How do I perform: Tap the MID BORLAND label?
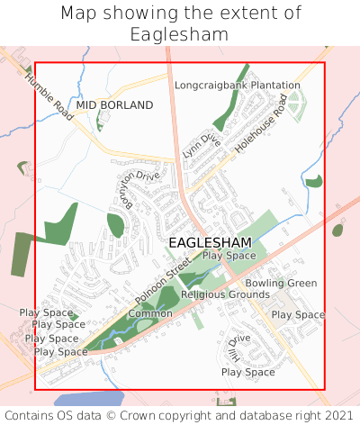tap(114, 105)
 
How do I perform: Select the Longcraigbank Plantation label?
tap(238, 86)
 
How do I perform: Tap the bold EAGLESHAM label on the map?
tap(210, 243)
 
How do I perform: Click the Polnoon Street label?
tap(163, 280)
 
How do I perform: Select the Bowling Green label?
tap(281, 283)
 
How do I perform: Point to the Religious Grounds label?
tap(225, 294)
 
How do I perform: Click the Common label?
tap(150, 313)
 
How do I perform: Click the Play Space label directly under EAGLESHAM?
tap(229, 256)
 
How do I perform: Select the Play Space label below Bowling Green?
tap(298, 315)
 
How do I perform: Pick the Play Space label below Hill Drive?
tap(247, 372)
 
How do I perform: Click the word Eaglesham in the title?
tap(179, 34)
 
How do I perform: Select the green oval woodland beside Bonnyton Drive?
tap(115, 225)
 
